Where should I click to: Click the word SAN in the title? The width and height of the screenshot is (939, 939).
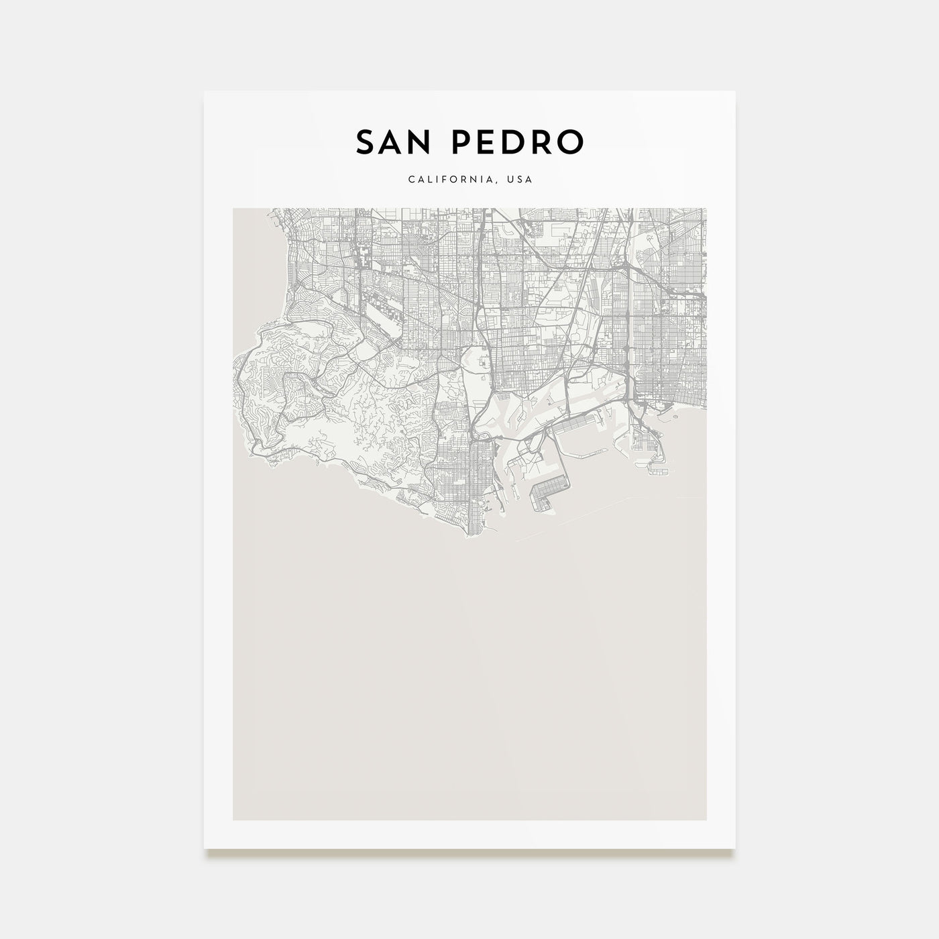391,142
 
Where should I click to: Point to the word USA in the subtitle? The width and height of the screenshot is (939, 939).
520,180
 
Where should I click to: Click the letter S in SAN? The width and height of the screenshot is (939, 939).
365,142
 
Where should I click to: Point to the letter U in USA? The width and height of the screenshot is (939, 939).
511,180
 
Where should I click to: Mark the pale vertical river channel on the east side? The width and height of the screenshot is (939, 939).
632,302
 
